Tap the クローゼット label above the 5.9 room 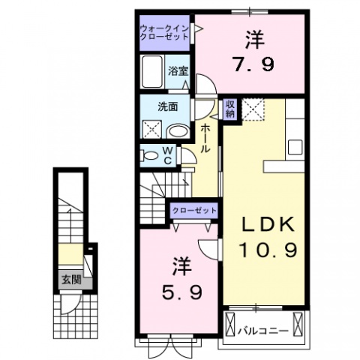pos(193,211)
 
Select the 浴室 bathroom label pos(178,72)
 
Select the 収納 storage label pos(230,109)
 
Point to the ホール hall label pos(205,139)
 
